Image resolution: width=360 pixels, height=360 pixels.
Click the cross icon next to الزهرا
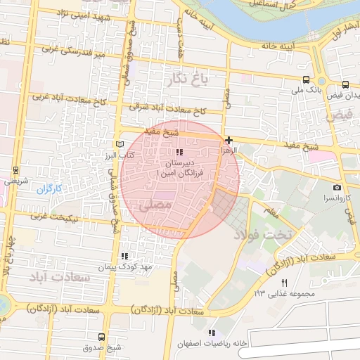click(x=229, y=140)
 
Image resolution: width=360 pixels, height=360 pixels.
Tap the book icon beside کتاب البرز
click(x=119, y=143)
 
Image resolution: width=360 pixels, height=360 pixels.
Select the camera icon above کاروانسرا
click(x=337, y=187)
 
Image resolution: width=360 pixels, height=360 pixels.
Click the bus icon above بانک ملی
click(x=306, y=79)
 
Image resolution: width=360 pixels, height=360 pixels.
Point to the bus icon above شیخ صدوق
click(x=102, y=337)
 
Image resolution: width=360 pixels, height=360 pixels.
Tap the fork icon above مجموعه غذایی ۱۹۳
click(x=284, y=283)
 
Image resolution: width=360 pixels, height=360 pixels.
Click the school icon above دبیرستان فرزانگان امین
click(x=180, y=152)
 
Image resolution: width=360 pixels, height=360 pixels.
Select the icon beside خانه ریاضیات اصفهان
click(x=211, y=333)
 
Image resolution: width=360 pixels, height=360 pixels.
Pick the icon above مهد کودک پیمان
click(x=125, y=256)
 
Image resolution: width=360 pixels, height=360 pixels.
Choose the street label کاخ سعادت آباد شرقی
click(x=167, y=110)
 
